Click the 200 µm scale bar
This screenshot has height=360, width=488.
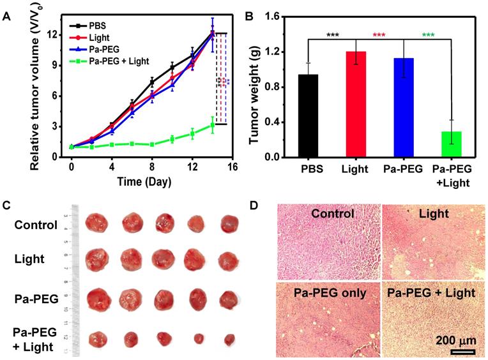pos(460,350)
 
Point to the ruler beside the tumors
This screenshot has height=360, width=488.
pos(75,281)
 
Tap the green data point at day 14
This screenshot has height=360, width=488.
pos(213,125)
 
